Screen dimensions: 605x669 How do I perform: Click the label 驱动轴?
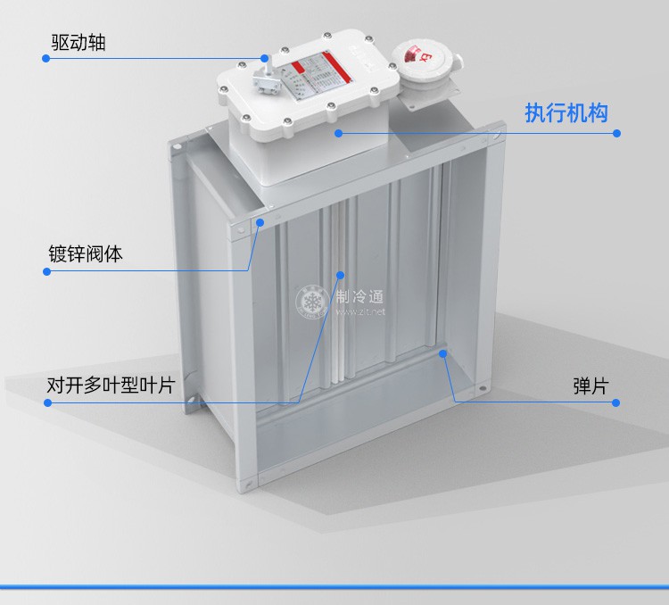(x=78, y=42)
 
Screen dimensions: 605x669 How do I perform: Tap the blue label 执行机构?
(x=566, y=113)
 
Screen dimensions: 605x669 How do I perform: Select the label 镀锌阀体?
(x=86, y=254)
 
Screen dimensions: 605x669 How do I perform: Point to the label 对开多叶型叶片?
(x=111, y=386)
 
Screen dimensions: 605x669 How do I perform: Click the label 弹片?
(x=591, y=386)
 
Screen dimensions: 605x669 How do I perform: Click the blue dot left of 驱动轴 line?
(x=45, y=58)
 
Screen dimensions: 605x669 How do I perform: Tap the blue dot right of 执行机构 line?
(x=617, y=133)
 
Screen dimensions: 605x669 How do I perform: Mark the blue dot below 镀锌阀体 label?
(x=45, y=271)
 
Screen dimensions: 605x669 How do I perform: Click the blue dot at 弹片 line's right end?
(x=617, y=402)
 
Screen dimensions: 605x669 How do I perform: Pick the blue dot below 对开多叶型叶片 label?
(x=45, y=402)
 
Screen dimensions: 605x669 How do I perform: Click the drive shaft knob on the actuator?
(x=264, y=59)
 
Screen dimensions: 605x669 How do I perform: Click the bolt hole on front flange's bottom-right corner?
(x=483, y=390)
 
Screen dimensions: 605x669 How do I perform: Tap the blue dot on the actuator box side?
(x=339, y=133)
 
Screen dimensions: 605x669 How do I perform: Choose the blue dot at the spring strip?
(x=443, y=353)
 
